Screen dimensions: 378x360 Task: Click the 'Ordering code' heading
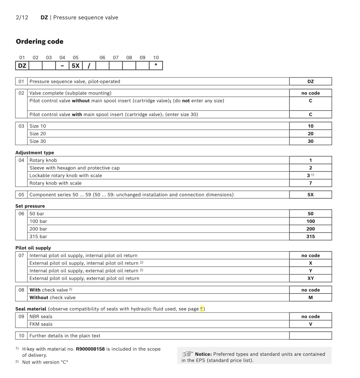coord(40,41)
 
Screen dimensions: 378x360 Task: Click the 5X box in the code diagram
coord(76,66)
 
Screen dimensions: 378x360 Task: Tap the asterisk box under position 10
coord(156,66)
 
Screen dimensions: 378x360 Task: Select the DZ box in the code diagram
coord(22,66)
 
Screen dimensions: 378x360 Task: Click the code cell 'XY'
coord(310,278)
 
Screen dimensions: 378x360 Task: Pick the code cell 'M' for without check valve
coord(310,298)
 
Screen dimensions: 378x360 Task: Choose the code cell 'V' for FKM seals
coord(310,324)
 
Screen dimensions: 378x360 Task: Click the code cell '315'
coord(310,237)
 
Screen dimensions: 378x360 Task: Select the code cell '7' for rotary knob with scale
coord(310,183)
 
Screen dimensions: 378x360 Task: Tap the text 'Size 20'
coord(37,134)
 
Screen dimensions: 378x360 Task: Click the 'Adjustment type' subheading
coord(35,153)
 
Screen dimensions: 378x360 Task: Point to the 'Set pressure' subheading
coord(30,206)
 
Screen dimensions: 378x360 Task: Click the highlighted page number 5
coord(202,309)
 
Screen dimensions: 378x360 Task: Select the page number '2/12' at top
coord(22,17)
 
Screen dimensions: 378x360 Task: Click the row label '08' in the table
coord(22,290)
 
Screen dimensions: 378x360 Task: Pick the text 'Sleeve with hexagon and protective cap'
coord(75,168)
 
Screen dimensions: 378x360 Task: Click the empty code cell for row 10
coord(310,336)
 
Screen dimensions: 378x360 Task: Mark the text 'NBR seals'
coord(41,316)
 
